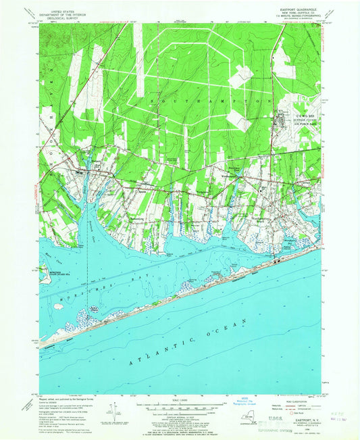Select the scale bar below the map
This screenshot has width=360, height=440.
pyautogui.click(x=180, y=405)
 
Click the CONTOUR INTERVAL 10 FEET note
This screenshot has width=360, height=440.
pyautogui.click(x=180, y=415)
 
